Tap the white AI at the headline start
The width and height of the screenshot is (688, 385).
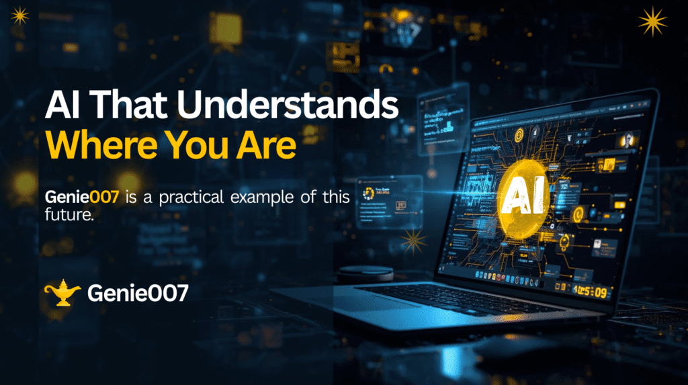61,108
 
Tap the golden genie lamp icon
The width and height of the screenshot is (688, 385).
62,293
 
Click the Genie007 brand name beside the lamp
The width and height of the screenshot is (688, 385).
138,293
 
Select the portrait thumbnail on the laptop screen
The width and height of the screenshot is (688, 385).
628,140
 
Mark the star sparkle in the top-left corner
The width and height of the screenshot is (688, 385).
19,15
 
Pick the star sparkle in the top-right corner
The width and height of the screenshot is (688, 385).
652,22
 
